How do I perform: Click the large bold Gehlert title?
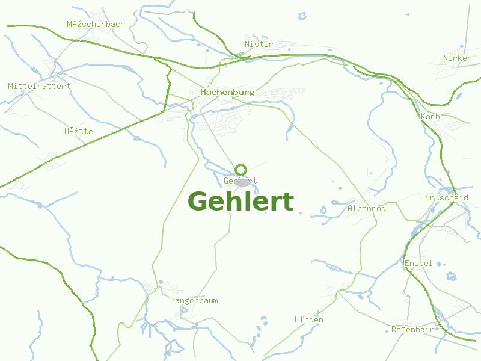pos(240,202)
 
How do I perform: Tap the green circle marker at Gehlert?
pos(240,170)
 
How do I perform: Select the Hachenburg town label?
pos(227,93)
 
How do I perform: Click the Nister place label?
pos(259,44)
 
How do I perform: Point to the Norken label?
pos(458,58)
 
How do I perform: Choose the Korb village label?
pos(430,116)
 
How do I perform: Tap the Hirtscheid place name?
pos(444,197)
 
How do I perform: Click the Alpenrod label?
pos(367,208)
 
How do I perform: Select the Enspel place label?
pos(418,264)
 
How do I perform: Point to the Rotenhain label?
pos(412,329)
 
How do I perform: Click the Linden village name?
pos(308,319)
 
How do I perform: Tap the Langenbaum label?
pos(194,300)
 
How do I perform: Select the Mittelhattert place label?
pos(39,86)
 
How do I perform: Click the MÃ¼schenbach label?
pos(96,25)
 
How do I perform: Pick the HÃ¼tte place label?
pos(78,131)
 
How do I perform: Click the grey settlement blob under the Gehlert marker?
pos(242,181)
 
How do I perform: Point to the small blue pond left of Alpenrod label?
pos(323,211)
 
